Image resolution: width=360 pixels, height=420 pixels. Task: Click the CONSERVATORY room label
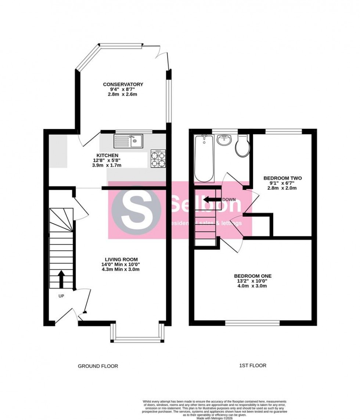click(123, 84)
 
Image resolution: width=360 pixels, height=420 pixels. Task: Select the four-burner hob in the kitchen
click(158, 159)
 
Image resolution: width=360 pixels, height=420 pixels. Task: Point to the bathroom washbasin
click(224, 140)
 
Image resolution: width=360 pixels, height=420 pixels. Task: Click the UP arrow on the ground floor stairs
click(61, 280)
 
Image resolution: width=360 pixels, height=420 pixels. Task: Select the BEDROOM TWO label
click(282, 178)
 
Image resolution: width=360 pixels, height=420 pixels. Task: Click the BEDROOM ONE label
click(253, 276)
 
